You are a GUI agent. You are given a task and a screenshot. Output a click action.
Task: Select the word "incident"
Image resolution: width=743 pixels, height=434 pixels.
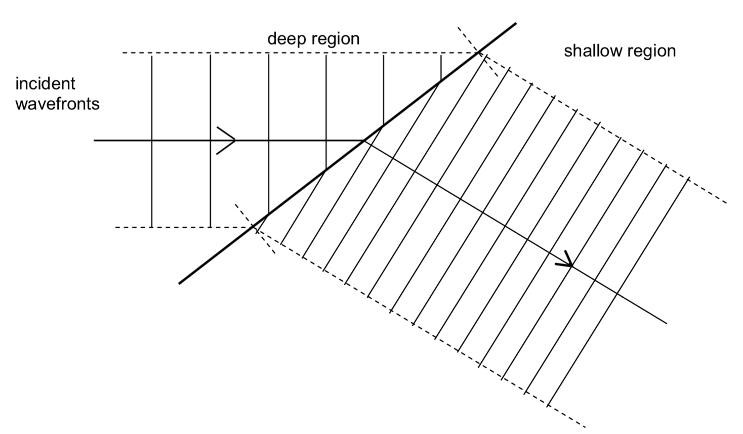(x=45, y=83)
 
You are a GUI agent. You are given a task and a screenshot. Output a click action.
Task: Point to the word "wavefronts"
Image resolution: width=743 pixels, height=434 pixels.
(x=57, y=104)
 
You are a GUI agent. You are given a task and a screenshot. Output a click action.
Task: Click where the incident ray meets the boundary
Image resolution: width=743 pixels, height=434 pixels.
(x=363, y=140)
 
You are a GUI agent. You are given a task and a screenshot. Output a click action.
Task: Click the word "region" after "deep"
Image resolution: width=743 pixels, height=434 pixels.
(x=336, y=39)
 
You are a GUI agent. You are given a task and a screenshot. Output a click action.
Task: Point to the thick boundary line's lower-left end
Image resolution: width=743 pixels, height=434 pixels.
(x=180, y=283)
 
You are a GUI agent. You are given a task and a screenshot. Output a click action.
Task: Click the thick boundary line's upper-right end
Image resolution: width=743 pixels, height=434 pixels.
(x=516, y=23)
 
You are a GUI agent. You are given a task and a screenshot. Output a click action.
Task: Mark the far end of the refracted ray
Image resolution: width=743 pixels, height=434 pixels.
(x=667, y=323)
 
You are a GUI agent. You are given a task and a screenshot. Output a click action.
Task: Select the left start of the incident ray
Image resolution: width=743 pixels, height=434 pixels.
(x=95, y=140)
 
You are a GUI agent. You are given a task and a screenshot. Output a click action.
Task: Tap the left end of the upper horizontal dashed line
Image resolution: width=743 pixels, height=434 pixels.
(x=123, y=53)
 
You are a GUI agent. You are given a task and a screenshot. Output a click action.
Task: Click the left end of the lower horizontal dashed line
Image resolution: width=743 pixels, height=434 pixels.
(x=116, y=228)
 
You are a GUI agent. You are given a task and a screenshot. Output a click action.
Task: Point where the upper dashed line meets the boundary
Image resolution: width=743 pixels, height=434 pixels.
(x=477, y=53)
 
